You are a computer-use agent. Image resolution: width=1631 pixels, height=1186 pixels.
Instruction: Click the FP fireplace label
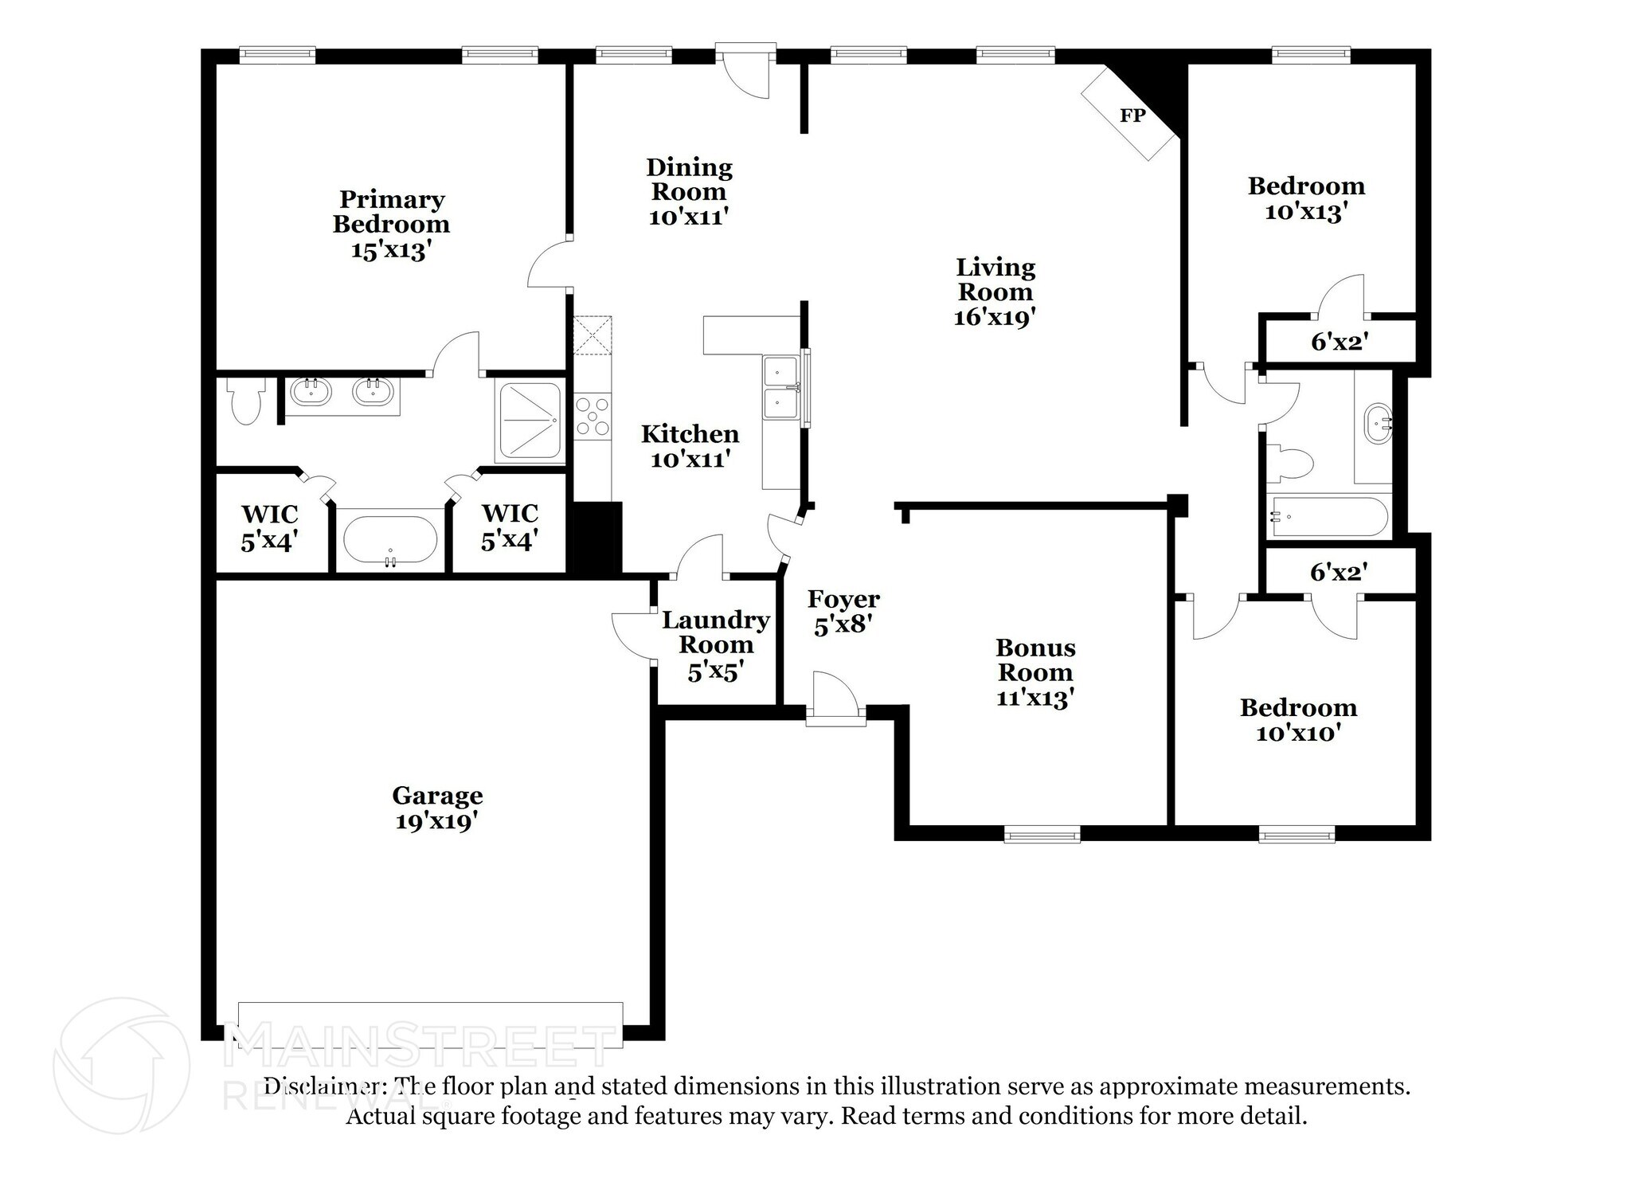point(1132,115)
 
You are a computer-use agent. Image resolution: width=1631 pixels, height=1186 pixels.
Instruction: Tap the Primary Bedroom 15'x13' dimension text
point(391,250)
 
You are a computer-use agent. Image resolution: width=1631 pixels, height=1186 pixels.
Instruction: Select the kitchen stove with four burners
point(592,417)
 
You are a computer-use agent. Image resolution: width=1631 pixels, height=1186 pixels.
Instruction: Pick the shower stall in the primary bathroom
point(529,422)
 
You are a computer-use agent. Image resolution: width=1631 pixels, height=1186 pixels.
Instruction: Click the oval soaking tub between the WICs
point(390,540)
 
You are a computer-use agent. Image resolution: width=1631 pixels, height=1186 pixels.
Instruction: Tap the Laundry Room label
point(715,632)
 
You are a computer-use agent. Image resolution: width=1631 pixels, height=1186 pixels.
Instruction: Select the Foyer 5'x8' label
point(843,612)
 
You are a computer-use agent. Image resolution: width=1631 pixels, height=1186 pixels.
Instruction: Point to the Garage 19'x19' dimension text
point(436,820)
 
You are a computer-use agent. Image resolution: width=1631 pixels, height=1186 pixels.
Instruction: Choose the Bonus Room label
point(1035,660)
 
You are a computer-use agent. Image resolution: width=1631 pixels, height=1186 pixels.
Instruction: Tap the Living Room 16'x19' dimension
point(995,317)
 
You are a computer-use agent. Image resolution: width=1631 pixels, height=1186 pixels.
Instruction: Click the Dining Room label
point(688,179)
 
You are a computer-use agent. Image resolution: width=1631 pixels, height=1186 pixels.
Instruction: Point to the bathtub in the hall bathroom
point(1328,517)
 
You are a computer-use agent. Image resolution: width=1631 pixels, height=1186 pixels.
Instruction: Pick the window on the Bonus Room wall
point(1042,834)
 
